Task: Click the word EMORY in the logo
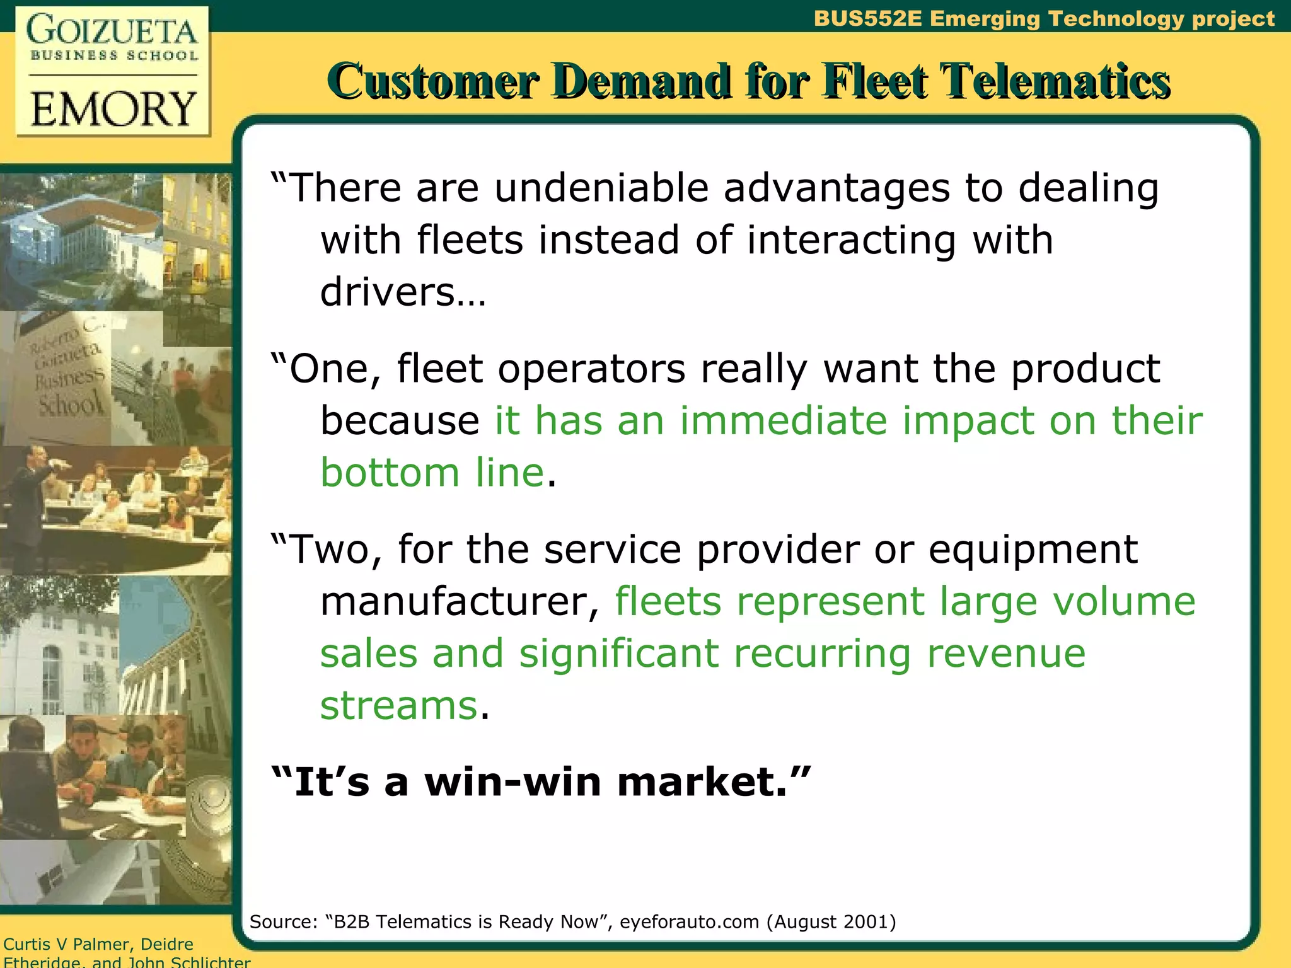click(113, 108)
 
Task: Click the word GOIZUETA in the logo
click(112, 30)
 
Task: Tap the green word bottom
click(390, 473)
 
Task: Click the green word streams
click(398, 705)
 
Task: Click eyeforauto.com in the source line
click(690, 922)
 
